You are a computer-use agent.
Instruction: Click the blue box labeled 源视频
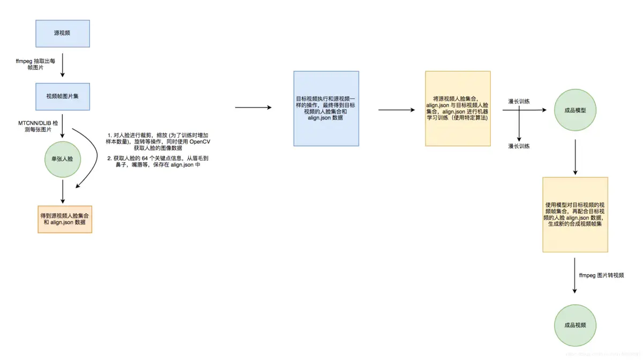coord(62,33)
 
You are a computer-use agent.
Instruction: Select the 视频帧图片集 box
coord(62,96)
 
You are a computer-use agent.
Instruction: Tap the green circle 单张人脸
coord(63,159)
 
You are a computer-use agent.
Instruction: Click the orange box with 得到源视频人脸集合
coord(65,219)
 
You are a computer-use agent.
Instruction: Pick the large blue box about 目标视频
coord(326,108)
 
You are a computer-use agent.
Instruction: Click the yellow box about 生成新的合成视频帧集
coord(575,214)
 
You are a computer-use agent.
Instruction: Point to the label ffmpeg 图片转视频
coord(601,275)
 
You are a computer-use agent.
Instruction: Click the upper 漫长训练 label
coord(519,101)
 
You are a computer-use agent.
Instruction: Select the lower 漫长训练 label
coord(519,146)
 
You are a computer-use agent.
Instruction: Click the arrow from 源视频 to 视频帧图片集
coord(63,65)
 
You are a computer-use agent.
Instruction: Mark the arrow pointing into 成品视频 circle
coord(575,275)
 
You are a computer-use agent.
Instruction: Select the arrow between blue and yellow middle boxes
coord(397,110)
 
